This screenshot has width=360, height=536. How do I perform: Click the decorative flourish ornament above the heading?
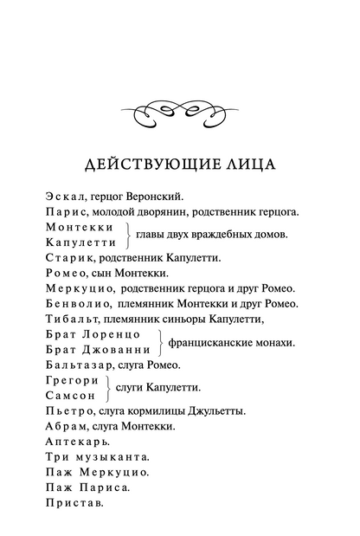click(x=180, y=110)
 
